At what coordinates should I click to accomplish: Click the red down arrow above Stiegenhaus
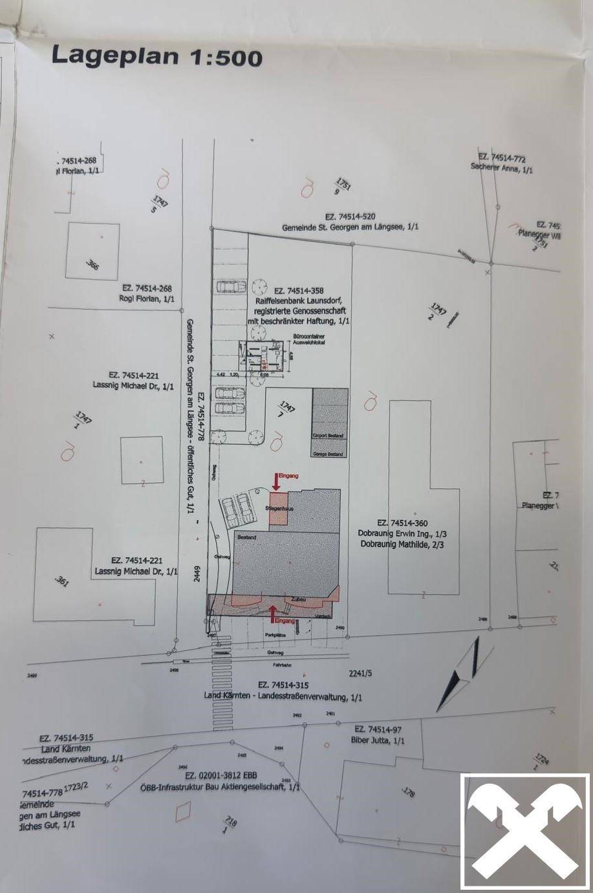tap(277, 481)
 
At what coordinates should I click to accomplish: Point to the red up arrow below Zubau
tap(273, 611)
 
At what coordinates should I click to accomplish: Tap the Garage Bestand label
tap(329, 454)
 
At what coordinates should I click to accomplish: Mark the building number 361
tap(62, 581)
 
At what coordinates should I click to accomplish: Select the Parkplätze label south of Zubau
tap(275, 636)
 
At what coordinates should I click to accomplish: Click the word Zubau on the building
tap(299, 599)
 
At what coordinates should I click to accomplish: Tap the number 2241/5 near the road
tap(360, 673)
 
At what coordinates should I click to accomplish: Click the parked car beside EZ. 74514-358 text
tap(230, 286)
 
